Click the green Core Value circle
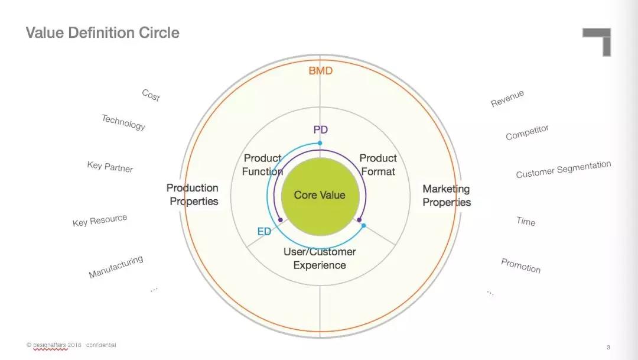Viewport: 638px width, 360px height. coord(320,195)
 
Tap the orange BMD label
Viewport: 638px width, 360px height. coord(320,71)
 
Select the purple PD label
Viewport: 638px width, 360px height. coord(320,129)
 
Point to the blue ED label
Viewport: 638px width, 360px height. coord(264,232)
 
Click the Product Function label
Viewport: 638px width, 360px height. coord(263,165)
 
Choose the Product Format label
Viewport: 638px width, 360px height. coord(378,165)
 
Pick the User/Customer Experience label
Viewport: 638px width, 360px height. coord(320,258)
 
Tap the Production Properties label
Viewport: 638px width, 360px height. coord(193,194)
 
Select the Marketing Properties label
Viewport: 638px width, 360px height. coord(447,195)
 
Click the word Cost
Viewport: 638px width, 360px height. coord(151,95)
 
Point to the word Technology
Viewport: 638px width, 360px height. coord(123,122)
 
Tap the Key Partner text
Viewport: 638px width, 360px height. coord(110,167)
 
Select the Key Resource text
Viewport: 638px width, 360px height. coord(100,221)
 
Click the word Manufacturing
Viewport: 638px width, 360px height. coord(116,267)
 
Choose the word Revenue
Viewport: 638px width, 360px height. coord(507,99)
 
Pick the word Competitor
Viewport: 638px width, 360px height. coord(527,132)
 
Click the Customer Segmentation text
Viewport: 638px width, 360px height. coord(563,169)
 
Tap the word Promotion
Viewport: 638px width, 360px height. coord(520,265)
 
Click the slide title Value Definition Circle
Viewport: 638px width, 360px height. coord(102,33)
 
